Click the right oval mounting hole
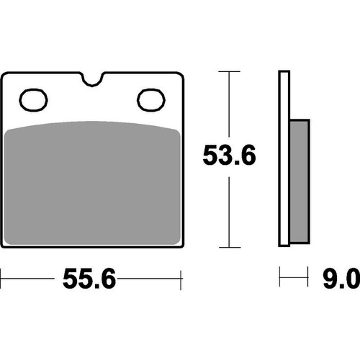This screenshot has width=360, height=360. (150, 99)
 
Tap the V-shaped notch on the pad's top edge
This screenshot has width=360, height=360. (92, 78)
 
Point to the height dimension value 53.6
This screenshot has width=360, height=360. (229, 155)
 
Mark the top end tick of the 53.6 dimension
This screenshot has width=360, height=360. (229, 72)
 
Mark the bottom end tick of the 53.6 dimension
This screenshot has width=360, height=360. (229, 246)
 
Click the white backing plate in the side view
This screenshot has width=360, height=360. (283, 158)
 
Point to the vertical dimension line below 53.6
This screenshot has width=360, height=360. (229, 209)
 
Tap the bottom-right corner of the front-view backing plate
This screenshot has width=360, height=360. (180, 246)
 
